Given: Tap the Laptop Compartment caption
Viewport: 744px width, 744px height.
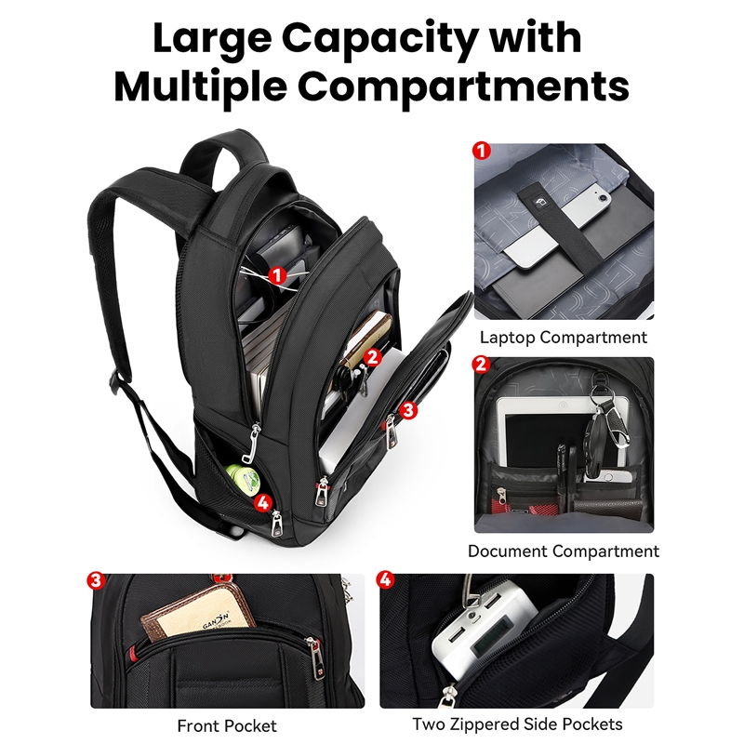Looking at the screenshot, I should pos(563,338).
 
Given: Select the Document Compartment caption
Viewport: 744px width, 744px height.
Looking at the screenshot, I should pos(564,551).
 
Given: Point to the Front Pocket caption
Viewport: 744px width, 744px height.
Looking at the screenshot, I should pos(227,724).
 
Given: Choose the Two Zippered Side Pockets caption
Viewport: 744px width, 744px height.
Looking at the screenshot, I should pos(517,724).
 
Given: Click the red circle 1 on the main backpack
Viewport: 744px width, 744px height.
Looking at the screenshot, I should pos(276,274).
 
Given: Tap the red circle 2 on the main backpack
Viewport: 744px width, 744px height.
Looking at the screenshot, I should pos(372,355).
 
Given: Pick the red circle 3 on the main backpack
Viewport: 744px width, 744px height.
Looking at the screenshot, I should pos(409,408).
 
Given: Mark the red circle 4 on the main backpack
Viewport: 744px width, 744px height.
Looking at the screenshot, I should pos(263,502).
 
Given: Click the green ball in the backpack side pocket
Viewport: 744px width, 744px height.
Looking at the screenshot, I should pos(241,482).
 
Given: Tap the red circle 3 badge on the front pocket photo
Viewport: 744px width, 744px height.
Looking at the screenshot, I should pos(95,580).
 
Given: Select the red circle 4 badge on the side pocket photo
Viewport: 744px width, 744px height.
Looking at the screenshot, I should pos(385,580).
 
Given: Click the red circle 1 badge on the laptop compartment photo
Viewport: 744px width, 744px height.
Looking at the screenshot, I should pos(482,150).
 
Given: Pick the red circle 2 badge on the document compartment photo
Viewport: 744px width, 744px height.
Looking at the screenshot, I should pos(482,365).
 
